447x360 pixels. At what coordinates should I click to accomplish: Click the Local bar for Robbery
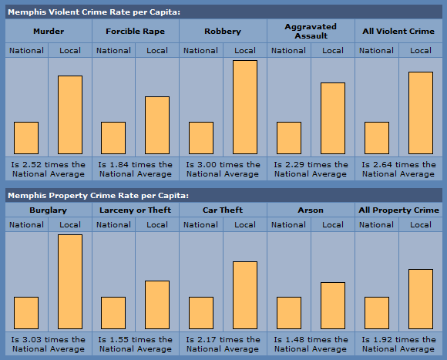[x=245, y=107]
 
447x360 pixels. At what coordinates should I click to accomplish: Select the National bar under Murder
[x=26, y=138]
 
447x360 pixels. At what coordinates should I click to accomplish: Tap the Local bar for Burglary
[x=70, y=282]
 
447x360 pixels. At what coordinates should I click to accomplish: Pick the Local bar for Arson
[x=333, y=305]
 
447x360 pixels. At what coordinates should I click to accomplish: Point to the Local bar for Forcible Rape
[x=157, y=126]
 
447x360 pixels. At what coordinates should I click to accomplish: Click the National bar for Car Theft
[x=201, y=313]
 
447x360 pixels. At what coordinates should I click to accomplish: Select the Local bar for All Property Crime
[x=421, y=299]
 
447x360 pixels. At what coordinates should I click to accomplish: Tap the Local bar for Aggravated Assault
[x=333, y=118]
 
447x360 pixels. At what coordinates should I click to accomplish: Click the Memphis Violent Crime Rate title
[x=94, y=12]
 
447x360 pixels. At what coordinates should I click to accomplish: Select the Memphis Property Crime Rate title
[x=98, y=196]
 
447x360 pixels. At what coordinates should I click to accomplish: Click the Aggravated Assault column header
[x=311, y=31]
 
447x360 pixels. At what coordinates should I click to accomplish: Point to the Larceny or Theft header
[x=135, y=210]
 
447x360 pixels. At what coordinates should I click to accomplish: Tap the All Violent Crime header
[x=398, y=31]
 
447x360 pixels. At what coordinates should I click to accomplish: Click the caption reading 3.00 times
[x=223, y=170]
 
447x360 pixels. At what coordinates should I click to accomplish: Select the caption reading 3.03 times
[x=49, y=344]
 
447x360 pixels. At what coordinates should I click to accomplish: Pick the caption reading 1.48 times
[x=311, y=344]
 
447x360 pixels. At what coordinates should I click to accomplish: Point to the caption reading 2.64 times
[x=398, y=170]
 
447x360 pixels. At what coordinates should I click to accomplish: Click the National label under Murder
[x=26, y=51]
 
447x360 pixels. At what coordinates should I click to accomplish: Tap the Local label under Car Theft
[x=245, y=225]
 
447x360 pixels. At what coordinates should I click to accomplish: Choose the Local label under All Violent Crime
[x=421, y=51]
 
